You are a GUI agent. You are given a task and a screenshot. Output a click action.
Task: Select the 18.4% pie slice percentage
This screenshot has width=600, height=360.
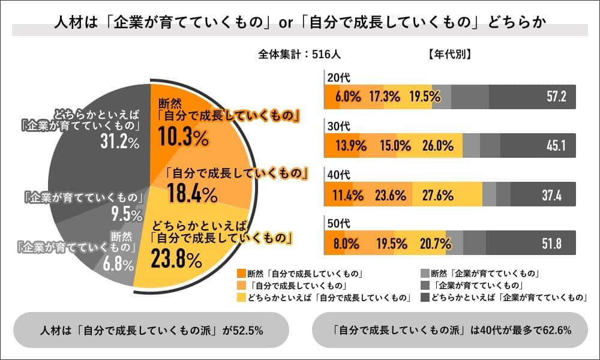[192, 194]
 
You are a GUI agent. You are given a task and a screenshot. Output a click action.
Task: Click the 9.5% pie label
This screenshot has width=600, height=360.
[127, 215]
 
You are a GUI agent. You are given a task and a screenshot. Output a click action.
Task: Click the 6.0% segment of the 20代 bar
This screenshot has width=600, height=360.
[347, 97]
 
